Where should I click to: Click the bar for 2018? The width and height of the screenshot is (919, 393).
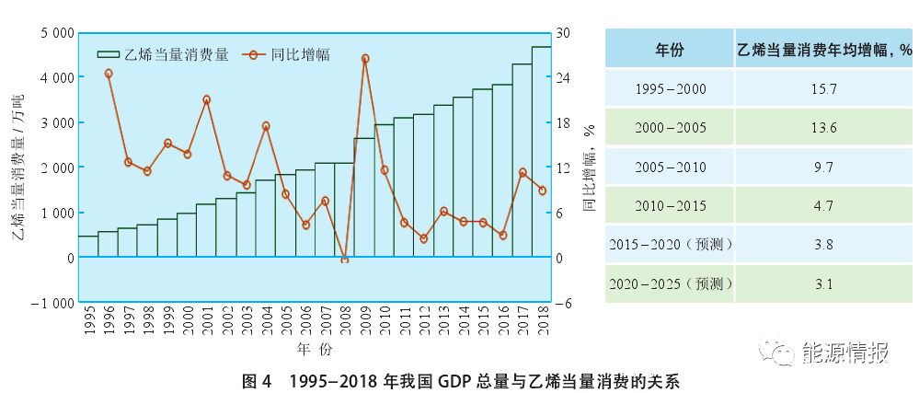point(541,152)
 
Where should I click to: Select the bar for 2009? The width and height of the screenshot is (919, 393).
point(363,198)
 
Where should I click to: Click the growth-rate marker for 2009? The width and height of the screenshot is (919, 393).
point(365,58)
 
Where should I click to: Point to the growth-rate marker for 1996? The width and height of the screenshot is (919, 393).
point(109,74)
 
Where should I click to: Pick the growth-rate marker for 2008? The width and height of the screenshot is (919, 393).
point(345,260)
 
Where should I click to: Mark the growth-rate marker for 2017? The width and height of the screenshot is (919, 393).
point(523,172)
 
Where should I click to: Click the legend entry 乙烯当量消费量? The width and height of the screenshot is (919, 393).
point(165,54)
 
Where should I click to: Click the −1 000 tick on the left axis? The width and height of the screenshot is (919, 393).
point(51,303)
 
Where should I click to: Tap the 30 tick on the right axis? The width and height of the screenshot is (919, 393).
point(563,33)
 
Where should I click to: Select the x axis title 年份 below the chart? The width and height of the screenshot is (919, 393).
point(311,351)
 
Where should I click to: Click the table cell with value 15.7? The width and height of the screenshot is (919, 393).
point(824,88)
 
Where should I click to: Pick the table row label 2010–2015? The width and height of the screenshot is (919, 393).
point(670,206)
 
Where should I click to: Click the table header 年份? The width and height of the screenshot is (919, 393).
point(670,49)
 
